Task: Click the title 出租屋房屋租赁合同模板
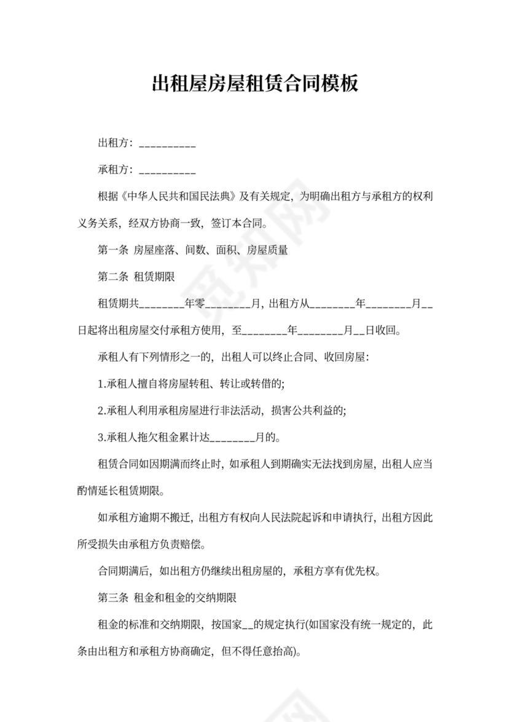[x=254, y=84]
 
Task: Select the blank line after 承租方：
[x=168, y=170]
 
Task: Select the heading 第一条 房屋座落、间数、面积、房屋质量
[x=193, y=250]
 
